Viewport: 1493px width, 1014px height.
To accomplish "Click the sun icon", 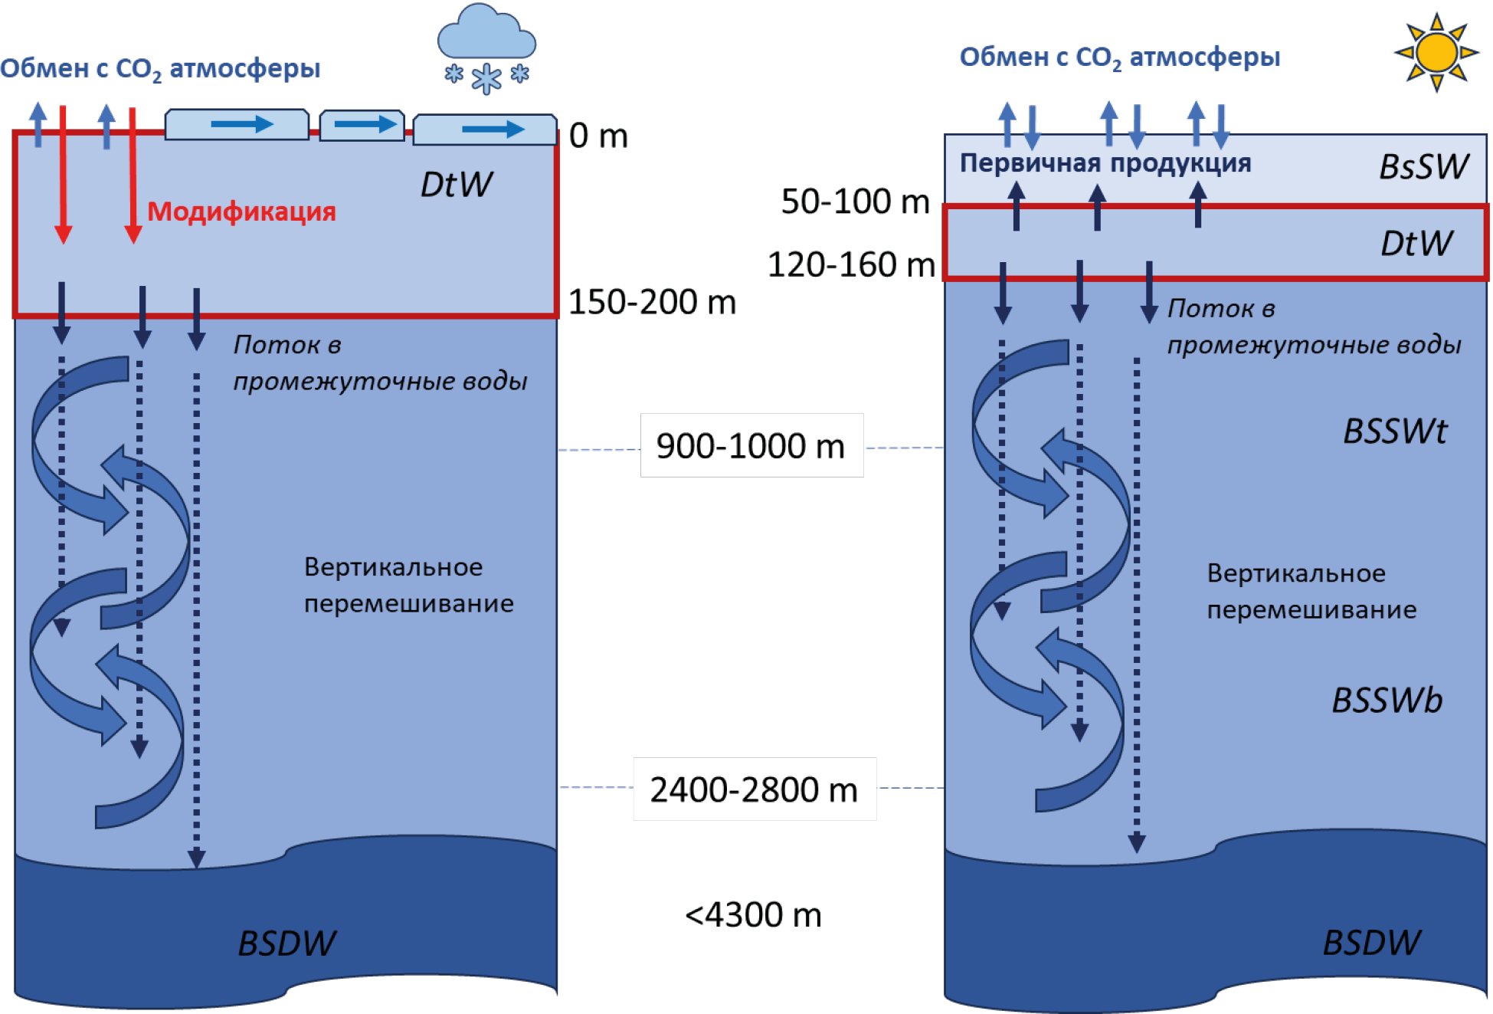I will pos(1436,53).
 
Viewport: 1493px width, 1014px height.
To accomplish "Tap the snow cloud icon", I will pos(486,34).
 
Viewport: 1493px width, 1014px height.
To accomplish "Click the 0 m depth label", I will pos(598,136).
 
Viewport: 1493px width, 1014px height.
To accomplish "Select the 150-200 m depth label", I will pos(652,302).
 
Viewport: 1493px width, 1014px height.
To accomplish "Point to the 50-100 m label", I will pos(855,202).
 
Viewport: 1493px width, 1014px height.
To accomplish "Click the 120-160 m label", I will pos(851,265).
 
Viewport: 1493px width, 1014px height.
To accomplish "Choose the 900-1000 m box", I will pos(751,446).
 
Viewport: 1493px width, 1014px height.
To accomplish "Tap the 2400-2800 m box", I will pos(755,789).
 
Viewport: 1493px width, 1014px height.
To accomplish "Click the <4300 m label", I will pos(753,915).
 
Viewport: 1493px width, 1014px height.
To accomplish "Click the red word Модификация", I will pos(241,212).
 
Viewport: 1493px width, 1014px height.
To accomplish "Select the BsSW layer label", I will pos(1423,167).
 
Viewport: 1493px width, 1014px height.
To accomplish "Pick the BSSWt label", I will pos(1395,432).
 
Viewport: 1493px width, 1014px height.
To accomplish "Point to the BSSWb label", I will pos(1387,701).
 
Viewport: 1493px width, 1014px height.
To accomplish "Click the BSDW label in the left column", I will pos(286,943).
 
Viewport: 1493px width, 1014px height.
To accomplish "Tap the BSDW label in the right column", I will pos(1371,943).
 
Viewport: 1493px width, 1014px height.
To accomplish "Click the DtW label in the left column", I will pos(457,185).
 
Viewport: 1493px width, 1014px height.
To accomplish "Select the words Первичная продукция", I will pos(1105,163).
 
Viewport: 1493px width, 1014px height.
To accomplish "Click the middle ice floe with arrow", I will pos(362,125).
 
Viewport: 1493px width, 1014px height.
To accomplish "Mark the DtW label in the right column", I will pos(1416,244).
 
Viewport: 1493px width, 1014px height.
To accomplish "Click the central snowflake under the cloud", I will pos(486,78).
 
